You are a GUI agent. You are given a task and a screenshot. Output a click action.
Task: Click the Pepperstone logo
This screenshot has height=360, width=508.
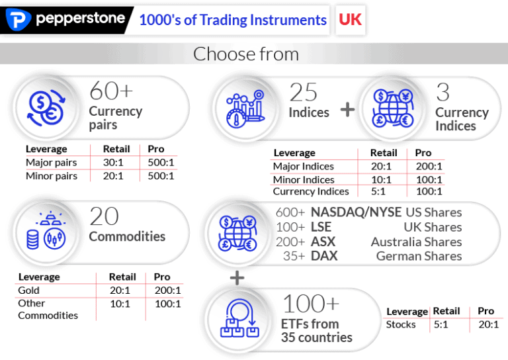[x=66, y=20]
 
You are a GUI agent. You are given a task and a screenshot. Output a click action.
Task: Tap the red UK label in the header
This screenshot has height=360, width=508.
[x=350, y=19]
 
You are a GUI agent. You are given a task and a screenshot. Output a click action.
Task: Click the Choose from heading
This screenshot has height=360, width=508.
[x=246, y=54]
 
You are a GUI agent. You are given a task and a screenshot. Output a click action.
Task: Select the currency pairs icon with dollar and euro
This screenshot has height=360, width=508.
[x=45, y=108]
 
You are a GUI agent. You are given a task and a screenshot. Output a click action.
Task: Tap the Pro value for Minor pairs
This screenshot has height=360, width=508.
[x=161, y=176]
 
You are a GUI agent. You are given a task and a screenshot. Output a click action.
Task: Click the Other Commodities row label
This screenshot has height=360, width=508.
[x=48, y=309]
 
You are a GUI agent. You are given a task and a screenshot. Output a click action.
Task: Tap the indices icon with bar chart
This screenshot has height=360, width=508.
[x=245, y=108]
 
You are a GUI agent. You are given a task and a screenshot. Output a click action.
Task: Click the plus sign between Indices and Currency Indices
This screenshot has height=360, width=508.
[x=347, y=110]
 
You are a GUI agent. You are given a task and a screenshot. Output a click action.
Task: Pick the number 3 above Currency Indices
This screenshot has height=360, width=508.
[x=443, y=93]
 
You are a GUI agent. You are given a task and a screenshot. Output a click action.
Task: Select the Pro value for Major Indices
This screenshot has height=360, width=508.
[x=428, y=166]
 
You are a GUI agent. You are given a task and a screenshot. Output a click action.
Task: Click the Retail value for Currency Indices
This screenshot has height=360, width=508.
[x=382, y=191]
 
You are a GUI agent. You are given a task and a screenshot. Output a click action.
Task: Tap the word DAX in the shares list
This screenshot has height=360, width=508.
[x=324, y=255]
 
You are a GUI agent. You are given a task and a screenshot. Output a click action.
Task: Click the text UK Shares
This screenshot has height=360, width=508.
[x=433, y=227]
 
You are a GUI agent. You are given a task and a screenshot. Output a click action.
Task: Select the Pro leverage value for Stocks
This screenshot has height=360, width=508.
[x=488, y=324]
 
